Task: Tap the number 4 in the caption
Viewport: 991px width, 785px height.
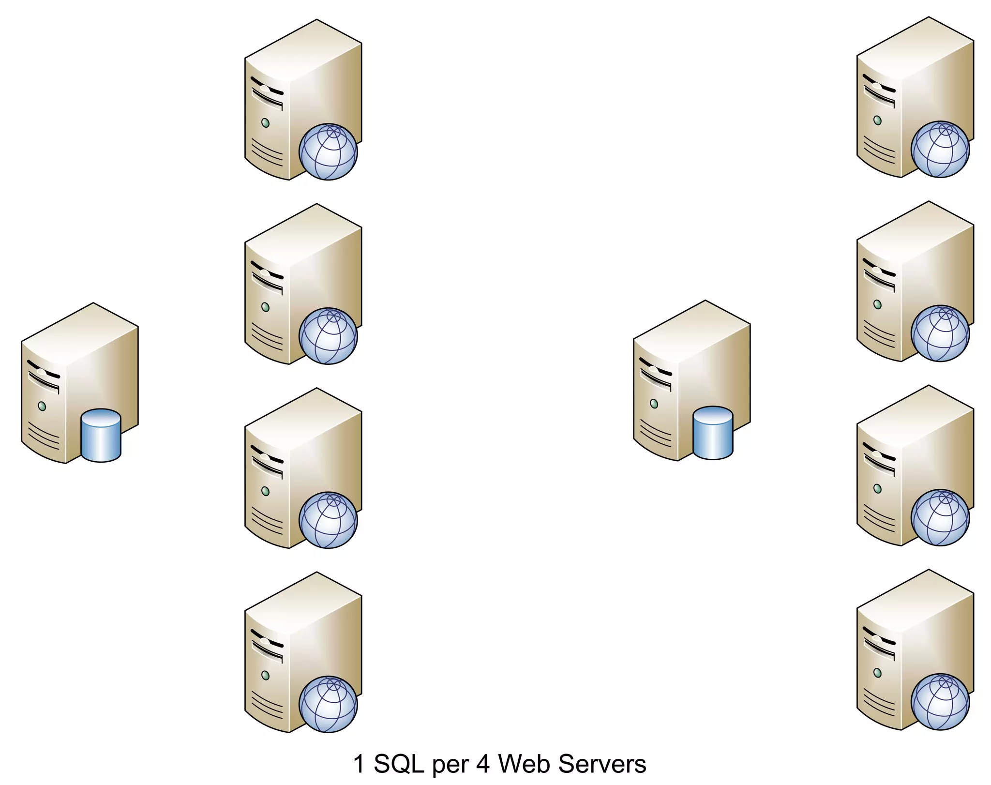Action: pyautogui.click(x=483, y=764)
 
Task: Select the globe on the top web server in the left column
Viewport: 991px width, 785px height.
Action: pyautogui.click(x=328, y=152)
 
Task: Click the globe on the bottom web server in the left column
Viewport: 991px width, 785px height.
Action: pyautogui.click(x=328, y=704)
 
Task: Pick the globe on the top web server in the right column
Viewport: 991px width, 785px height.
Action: pyautogui.click(x=940, y=150)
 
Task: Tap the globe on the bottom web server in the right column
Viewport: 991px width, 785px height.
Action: pyautogui.click(x=940, y=702)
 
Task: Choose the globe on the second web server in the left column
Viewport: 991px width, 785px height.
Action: pyautogui.click(x=328, y=336)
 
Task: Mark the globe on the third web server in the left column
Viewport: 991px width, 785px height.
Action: pyautogui.click(x=328, y=520)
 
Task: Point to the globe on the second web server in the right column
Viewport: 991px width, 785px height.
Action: pyautogui.click(x=940, y=333)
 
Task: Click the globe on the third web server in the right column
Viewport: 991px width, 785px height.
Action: pyautogui.click(x=940, y=518)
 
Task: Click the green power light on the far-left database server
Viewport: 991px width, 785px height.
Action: pyautogui.click(x=42, y=406)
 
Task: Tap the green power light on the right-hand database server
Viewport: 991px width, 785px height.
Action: pyautogui.click(x=654, y=404)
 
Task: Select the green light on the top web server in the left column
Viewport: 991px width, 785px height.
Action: pyautogui.click(x=266, y=123)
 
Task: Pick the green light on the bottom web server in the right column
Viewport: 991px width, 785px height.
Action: pyautogui.click(x=878, y=673)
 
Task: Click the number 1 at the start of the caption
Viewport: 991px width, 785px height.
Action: pyautogui.click(x=359, y=764)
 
